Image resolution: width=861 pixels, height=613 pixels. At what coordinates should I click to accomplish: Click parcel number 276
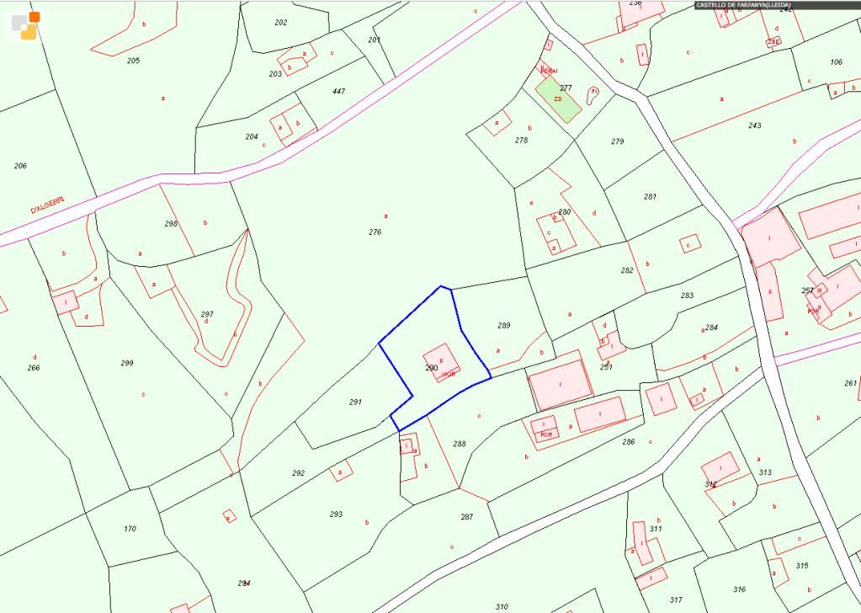375,232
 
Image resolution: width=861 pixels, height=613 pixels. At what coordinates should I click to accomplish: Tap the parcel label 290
431,368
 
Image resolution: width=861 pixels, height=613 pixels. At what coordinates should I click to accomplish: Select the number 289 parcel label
504,325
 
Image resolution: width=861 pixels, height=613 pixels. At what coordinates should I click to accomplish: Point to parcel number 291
355,402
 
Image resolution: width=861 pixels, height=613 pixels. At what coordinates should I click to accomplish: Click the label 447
338,91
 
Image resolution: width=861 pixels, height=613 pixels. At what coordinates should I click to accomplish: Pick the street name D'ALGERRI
47,205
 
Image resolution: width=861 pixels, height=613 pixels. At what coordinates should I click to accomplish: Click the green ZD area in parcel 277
558,99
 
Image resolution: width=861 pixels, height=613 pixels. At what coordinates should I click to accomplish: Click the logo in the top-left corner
26,25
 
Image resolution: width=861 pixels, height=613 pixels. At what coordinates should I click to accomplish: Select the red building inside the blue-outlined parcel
441,363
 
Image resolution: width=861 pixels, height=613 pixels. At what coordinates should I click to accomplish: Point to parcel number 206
20,166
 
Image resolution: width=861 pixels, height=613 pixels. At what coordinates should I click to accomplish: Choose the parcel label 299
127,363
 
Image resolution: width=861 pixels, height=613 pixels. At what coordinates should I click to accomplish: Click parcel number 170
130,529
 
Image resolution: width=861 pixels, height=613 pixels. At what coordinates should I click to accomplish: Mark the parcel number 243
754,125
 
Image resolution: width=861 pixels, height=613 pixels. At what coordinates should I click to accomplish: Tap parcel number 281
650,196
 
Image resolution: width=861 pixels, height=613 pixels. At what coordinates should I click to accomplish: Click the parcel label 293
336,514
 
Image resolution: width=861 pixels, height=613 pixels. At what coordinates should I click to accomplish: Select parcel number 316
739,589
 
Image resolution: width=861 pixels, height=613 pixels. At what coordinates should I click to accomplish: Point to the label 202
280,22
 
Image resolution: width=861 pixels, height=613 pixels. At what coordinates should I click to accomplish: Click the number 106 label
836,62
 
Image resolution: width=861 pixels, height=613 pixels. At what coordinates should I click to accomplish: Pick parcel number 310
502,606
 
